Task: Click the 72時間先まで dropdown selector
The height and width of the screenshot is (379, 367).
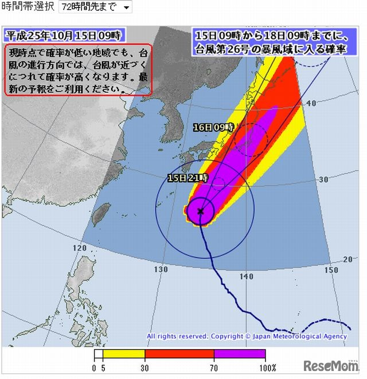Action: (95, 7)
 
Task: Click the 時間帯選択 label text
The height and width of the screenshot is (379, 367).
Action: (28, 7)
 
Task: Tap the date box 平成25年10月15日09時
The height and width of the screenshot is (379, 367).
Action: (64, 34)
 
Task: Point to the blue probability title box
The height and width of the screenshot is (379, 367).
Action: (271, 42)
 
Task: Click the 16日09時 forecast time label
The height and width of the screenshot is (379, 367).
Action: (213, 127)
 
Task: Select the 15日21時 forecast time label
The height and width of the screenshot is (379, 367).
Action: (188, 178)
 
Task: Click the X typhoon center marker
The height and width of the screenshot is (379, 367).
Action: (200, 211)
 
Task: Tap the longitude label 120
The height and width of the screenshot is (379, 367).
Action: (79, 248)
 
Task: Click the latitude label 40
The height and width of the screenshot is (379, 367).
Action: (311, 103)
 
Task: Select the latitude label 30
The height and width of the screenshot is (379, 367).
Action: (323, 179)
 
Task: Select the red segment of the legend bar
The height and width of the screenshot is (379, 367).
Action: (179, 354)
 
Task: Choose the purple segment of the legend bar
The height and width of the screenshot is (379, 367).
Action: (240, 354)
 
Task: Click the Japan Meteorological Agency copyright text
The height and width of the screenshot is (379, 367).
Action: (247, 337)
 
